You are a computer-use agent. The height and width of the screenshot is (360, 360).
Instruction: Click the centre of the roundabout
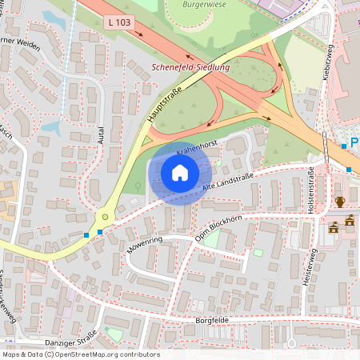point(103,217)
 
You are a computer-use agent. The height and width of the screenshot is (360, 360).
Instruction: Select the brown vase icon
point(339,202)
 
